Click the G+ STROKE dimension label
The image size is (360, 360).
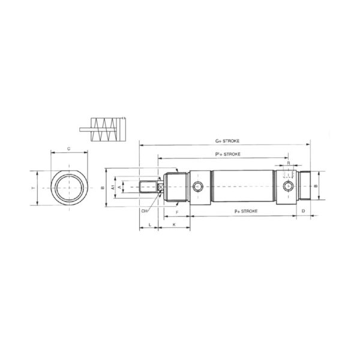click(227, 141)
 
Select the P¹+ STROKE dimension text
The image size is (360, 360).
click(228, 154)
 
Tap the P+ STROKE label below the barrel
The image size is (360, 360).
click(246, 211)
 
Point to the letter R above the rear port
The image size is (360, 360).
click(289, 163)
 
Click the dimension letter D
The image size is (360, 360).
click(303, 211)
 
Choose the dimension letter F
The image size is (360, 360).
click(177, 212)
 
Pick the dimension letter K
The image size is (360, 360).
click(174, 224)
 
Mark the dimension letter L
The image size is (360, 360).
click(149, 224)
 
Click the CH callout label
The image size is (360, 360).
click(144, 211)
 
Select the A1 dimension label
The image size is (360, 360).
click(113, 187)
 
